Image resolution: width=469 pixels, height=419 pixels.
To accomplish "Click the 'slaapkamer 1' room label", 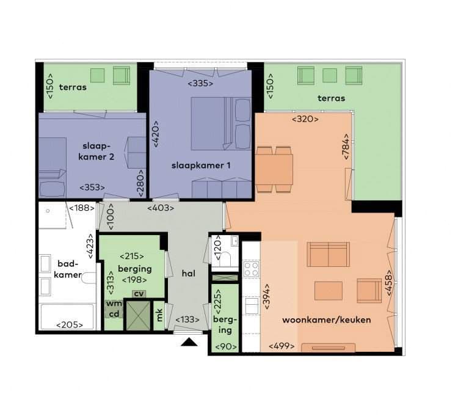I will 200,166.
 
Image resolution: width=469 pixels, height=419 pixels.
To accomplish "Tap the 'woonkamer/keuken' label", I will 326,320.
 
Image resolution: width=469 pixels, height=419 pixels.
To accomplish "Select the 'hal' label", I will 188,274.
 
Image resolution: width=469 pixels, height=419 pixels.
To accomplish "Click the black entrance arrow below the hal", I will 189,342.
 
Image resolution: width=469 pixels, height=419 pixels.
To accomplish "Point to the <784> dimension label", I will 346,147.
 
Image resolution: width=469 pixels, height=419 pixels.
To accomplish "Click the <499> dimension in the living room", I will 282,346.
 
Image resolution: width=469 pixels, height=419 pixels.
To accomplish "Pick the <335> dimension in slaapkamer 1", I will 200,83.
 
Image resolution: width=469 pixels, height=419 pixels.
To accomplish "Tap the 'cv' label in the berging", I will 140,293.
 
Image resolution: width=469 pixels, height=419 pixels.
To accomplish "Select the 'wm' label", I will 114,303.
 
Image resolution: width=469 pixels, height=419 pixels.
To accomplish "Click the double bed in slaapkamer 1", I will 213,123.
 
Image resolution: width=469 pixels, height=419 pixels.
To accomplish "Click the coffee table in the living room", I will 328,291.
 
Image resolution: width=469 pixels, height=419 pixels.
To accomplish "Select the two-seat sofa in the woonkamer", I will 328,254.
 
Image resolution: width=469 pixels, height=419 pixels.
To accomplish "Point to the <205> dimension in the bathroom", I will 69,325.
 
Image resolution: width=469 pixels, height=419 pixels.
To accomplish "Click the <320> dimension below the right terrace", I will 305,119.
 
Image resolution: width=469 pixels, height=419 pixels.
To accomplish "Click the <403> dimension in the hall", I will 161,208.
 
